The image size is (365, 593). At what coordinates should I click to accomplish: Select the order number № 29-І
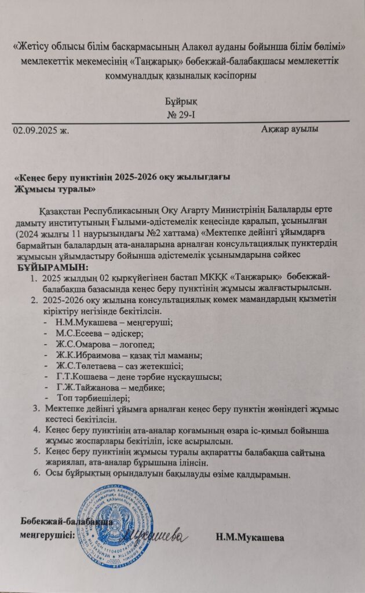[x=183, y=114]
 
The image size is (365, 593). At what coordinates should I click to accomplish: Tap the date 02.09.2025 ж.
[x=41, y=130]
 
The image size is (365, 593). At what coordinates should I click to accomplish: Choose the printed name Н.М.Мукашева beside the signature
[x=250, y=538]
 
